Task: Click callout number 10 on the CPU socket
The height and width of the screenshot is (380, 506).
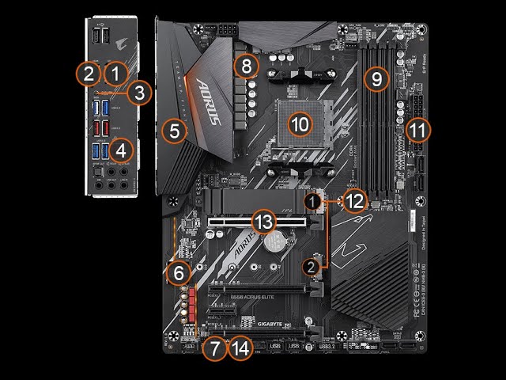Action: click(300, 123)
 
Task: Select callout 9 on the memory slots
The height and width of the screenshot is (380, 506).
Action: click(377, 78)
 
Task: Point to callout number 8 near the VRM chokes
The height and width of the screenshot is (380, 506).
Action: click(247, 66)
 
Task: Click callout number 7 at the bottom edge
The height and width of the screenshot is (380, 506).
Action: click(213, 348)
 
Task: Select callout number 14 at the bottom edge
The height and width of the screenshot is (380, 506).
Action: click(240, 348)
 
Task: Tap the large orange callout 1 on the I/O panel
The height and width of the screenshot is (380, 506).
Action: click(116, 74)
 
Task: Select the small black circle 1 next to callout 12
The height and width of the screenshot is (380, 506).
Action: click(315, 202)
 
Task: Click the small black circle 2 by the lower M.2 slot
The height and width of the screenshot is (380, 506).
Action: click(313, 267)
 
